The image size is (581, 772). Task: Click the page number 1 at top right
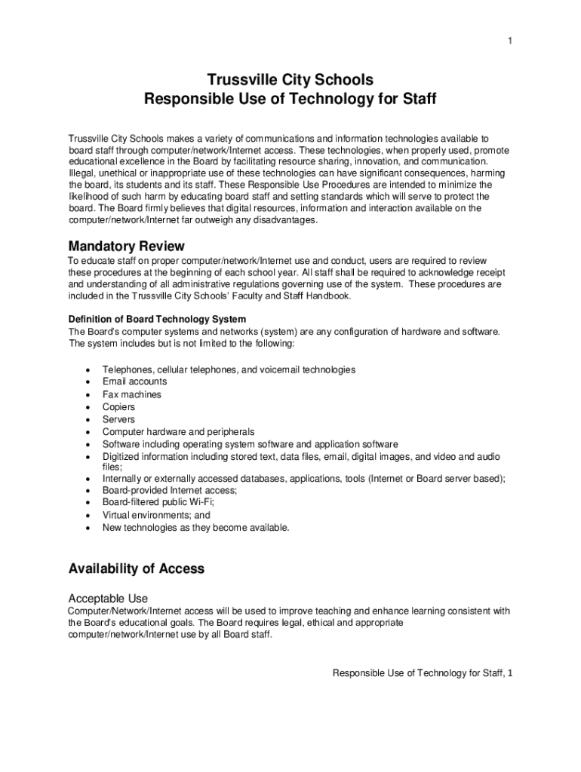pyautogui.click(x=509, y=41)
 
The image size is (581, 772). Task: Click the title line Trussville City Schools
pyautogui.click(x=290, y=80)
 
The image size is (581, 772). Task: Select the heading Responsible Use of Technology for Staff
pyautogui.click(x=290, y=99)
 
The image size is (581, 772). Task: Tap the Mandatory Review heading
pyautogui.click(x=126, y=247)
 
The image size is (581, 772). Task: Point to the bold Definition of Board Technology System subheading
pyautogui.click(x=157, y=319)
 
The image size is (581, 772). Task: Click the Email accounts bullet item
pyautogui.click(x=135, y=381)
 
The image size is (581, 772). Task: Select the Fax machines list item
pyautogui.click(x=132, y=394)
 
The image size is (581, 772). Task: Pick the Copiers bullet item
pyautogui.click(x=119, y=407)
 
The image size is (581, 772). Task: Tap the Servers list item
pyautogui.click(x=119, y=419)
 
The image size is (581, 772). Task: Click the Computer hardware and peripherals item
pyautogui.click(x=179, y=432)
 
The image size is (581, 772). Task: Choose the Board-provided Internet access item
pyautogui.click(x=170, y=490)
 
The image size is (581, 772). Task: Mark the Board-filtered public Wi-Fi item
pyautogui.click(x=158, y=502)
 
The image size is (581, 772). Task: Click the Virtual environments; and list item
pyautogui.click(x=156, y=515)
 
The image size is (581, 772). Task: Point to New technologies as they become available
pyautogui.click(x=196, y=528)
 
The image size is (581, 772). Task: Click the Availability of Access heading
pyautogui.click(x=137, y=568)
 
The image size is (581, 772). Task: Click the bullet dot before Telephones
pyautogui.click(x=89, y=370)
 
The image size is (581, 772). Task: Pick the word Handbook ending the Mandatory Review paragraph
pyautogui.click(x=328, y=296)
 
